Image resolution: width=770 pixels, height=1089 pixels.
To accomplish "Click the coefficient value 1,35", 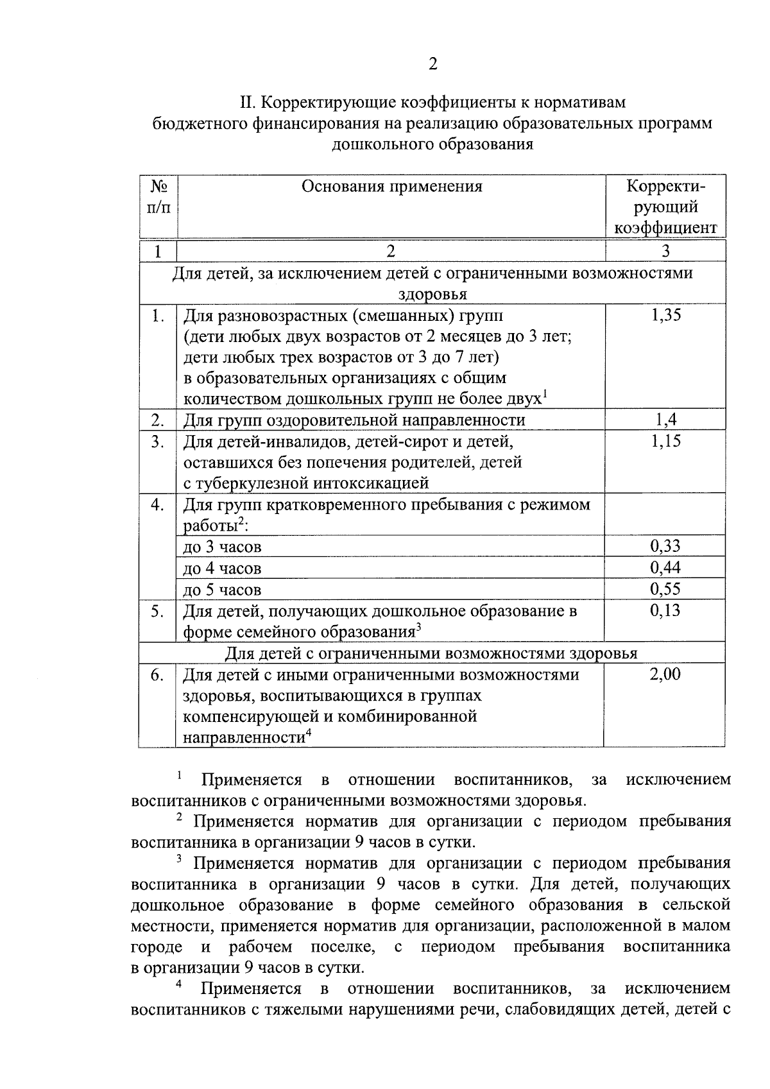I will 665,314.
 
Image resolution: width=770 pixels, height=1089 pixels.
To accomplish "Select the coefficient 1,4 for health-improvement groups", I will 665,420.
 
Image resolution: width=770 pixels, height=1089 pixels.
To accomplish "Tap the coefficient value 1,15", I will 665,441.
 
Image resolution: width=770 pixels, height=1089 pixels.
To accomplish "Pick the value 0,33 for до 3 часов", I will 665,546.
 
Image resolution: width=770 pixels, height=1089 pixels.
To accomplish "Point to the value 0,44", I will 665,567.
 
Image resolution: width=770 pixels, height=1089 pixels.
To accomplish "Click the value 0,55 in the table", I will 665,588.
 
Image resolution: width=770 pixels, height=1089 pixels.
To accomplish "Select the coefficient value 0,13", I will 665,610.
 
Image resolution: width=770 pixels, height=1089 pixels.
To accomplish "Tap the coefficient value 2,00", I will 665,674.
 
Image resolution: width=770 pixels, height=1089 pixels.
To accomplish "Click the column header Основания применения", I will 391,187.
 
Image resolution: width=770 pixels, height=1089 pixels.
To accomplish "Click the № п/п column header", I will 158,197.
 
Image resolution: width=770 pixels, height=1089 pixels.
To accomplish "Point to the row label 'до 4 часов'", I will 222,569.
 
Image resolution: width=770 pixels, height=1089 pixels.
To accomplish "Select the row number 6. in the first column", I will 157,675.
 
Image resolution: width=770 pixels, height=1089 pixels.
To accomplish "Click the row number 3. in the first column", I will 157,442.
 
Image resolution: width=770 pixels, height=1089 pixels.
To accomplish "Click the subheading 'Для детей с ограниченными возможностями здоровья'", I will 431,653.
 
